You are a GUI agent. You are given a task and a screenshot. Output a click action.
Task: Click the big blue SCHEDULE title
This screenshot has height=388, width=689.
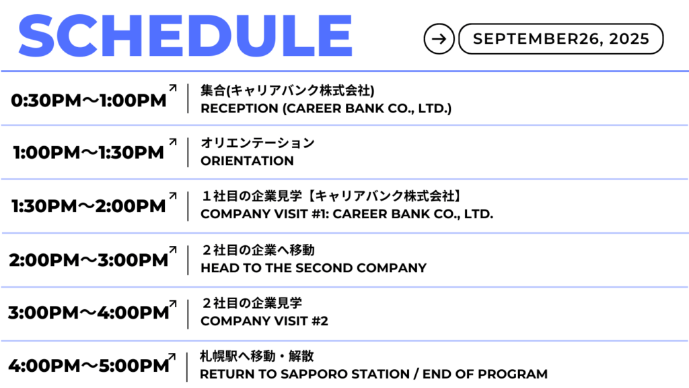click(185, 36)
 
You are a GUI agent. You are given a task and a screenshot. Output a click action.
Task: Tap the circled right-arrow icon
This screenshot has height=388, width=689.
click(439, 38)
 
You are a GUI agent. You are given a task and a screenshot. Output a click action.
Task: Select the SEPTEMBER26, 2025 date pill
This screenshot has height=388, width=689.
click(560, 38)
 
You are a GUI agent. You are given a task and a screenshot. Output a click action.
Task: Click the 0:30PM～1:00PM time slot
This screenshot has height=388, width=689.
click(89, 100)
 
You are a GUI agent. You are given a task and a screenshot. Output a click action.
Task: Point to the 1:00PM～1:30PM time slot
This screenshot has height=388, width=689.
click(89, 153)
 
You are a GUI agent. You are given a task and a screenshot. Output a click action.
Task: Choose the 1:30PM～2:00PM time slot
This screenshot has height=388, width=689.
click(89, 206)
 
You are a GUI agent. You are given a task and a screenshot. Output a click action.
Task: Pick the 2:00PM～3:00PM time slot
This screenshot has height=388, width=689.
click(89, 260)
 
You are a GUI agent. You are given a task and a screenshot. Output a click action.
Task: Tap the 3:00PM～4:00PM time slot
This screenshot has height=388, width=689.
click(89, 313)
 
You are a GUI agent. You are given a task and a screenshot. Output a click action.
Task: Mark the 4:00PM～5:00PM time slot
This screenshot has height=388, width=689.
click(89, 366)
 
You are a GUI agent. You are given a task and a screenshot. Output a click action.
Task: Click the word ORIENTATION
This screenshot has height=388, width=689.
click(247, 161)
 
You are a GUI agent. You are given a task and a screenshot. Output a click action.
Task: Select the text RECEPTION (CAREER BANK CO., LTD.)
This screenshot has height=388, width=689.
click(326, 108)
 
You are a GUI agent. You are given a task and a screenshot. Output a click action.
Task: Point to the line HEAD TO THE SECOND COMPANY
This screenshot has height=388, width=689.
click(314, 268)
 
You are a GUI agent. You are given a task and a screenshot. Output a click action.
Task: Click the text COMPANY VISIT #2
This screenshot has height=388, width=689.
click(264, 321)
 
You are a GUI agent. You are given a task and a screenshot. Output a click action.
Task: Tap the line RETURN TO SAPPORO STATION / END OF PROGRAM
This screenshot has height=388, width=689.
click(373, 374)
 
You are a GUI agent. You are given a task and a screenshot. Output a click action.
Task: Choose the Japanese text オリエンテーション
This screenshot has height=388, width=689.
click(258, 143)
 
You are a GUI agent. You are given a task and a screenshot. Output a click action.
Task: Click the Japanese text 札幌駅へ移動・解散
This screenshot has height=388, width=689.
click(257, 356)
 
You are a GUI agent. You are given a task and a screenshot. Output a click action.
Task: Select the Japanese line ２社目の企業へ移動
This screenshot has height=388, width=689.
click(258, 250)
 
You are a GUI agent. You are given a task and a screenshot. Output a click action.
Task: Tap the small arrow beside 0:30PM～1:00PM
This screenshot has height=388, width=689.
click(173, 88)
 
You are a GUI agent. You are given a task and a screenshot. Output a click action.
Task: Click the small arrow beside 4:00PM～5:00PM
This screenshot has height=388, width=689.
click(172, 357)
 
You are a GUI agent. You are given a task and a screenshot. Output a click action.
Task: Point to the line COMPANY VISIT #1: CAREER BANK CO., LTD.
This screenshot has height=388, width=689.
click(347, 214)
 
